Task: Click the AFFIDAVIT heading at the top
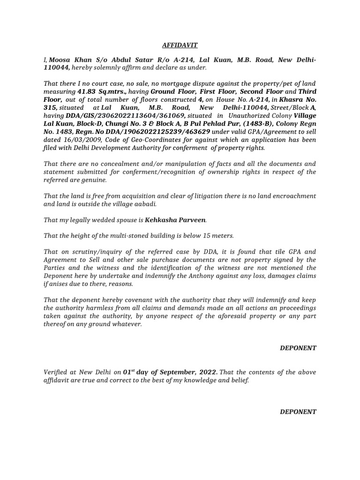pyautogui.click(x=180, y=45)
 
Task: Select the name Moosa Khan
pyautogui.click(x=67, y=60)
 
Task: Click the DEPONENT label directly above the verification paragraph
pyautogui.click(x=298, y=348)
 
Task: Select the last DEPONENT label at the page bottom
pyautogui.click(x=298, y=412)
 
